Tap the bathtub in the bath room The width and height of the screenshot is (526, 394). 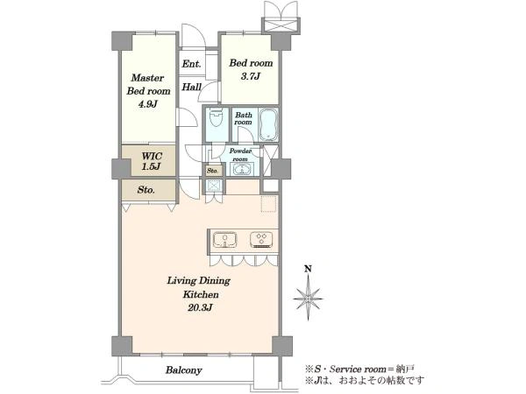tap(268, 124)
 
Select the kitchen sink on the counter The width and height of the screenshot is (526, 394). tap(224, 240)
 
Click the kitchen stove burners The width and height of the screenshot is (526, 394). tap(261, 240)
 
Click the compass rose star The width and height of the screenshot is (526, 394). tap(308, 299)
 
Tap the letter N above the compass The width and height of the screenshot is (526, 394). tap(308, 269)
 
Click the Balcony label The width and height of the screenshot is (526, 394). tap(184, 370)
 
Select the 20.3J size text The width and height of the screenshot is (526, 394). tap(199, 308)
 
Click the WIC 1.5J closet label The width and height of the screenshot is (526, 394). tap(152, 161)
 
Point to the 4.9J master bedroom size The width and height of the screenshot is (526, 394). tap(148, 104)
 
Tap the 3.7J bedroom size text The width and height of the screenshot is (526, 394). tap(251, 76)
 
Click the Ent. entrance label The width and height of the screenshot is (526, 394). tap(191, 64)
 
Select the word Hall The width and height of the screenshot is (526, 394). tap(191, 87)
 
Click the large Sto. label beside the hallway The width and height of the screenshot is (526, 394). tap(146, 190)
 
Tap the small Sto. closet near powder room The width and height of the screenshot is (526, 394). tap(212, 171)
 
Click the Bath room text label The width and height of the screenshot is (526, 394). tap(244, 118)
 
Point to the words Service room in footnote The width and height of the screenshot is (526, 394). tap(358, 369)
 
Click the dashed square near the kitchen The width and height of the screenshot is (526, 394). tap(269, 204)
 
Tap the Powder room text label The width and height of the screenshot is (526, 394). tap(240, 155)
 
